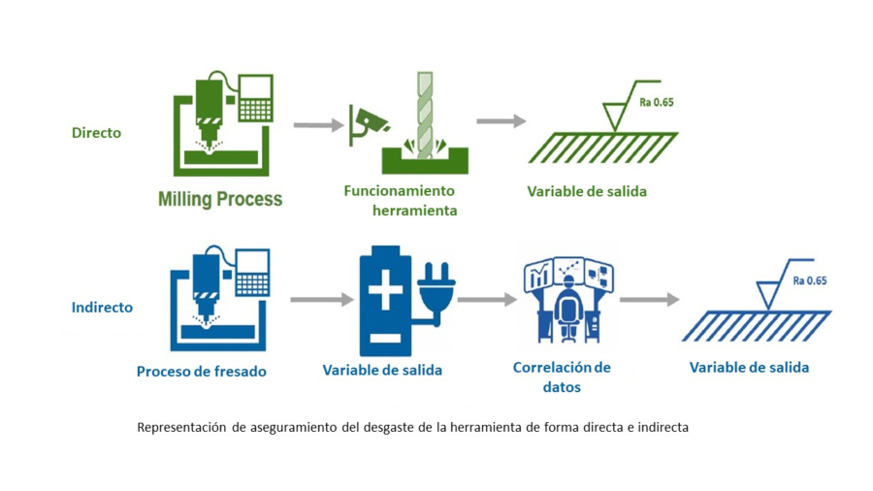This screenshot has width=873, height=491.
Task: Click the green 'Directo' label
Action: tap(96, 133)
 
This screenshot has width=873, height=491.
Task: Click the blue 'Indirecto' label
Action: tap(102, 308)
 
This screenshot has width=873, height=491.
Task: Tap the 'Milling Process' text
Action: tap(220, 199)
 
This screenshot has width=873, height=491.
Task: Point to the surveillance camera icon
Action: tap(370, 121)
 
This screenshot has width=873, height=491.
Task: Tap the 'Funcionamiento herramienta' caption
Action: tap(400, 200)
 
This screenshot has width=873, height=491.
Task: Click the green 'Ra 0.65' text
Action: tap(656, 101)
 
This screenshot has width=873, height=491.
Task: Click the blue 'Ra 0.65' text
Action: tap(809, 280)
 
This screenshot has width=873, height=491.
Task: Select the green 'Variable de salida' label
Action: tap(587, 191)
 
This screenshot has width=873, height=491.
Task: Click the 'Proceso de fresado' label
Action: tap(201, 371)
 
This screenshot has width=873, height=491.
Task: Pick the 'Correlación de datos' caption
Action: tap(562, 376)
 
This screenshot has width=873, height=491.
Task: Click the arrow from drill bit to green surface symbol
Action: tap(501, 121)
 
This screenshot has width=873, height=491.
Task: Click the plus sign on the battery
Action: tap(385, 291)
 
